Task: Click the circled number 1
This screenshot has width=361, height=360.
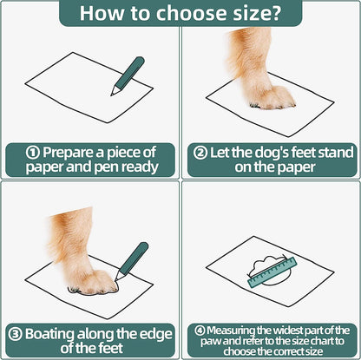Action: [x=32, y=153]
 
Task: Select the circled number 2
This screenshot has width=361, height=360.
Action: [x=200, y=153]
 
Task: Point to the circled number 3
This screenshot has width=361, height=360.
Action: [x=15, y=334]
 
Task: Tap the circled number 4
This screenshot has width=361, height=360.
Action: [x=200, y=331]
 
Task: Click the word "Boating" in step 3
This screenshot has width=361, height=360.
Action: [x=49, y=335]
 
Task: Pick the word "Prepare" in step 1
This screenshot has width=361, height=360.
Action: [x=69, y=154]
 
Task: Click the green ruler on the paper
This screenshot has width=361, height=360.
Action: [x=272, y=272]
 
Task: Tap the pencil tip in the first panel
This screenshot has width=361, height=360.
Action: [x=113, y=93]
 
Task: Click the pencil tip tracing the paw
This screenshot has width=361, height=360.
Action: [x=116, y=278]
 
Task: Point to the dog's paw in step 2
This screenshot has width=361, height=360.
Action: [x=271, y=98]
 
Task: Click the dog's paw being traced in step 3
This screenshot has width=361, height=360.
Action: [x=93, y=283]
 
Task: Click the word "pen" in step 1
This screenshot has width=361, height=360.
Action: [x=107, y=167]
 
